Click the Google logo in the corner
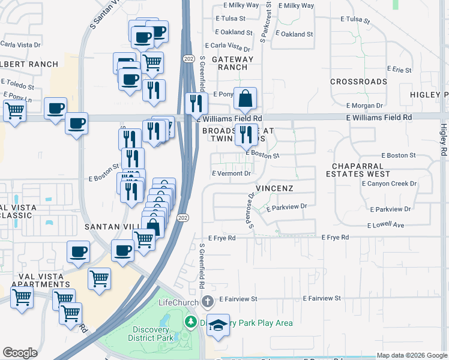click(x=20, y=352)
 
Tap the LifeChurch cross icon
click(x=208, y=301)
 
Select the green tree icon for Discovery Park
click(x=191, y=323)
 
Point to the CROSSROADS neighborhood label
click(x=358, y=82)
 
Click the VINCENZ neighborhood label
click(x=274, y=188)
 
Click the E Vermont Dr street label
click(x=231, y=173)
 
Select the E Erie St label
click(x=399, y=70)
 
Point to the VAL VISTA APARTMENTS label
click(x=37, y=280)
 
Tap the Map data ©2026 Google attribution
click(x=412, y=355)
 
